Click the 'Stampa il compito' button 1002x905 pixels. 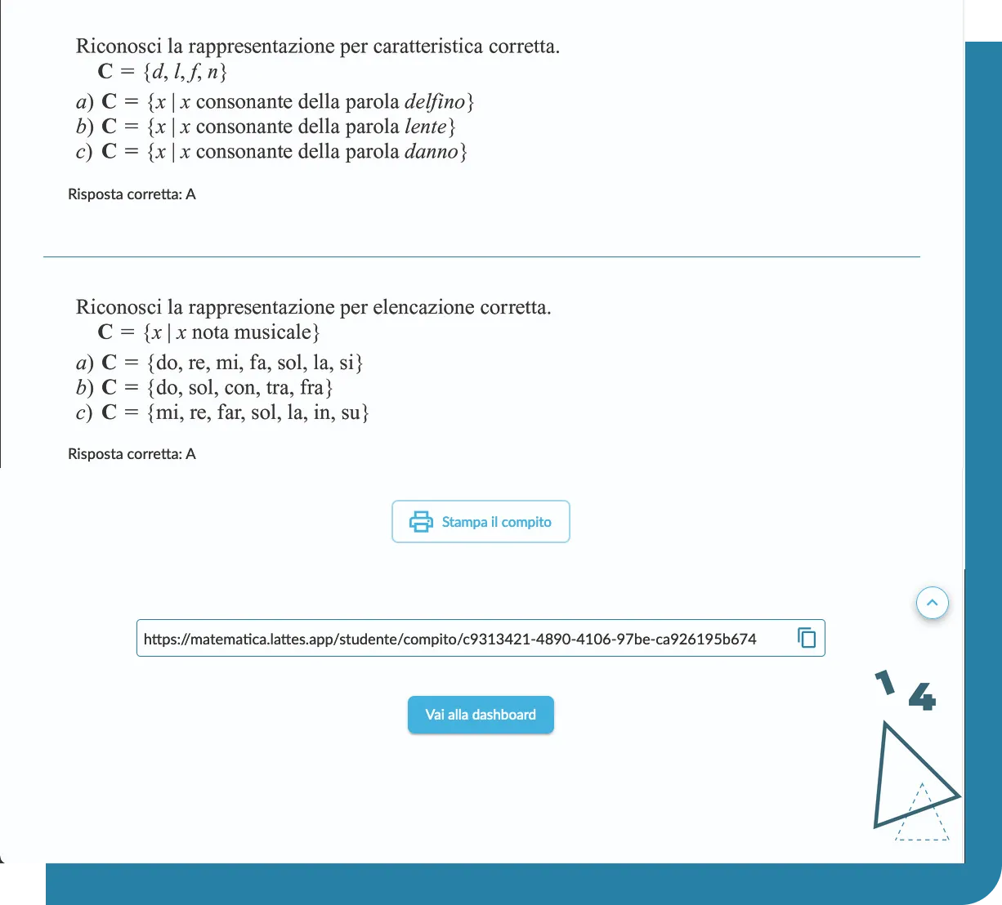[x=481, y=522]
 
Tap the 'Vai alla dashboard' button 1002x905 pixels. [x=481, y=715]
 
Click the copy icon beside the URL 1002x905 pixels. [x=807, y=637]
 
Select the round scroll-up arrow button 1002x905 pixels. [x=933, y=604]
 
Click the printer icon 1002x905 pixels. [x=421, y=522]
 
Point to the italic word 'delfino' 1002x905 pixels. [x=435, y=102]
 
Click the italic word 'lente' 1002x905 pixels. [x=426, y=127]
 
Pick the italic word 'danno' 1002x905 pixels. [x=432, y=152]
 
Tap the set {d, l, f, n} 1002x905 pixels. [x=185, y=72]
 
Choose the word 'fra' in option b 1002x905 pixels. [x=312, y=387]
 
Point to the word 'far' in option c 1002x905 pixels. [x=230, y=412]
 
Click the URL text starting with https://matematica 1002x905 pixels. [x=450, y=639]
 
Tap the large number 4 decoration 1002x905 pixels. [x=922, y=697]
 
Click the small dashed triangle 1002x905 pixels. [x=922, y=817]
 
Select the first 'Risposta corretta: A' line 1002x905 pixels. [x=132, y=194]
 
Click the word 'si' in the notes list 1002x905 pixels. [x=347, y=362]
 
